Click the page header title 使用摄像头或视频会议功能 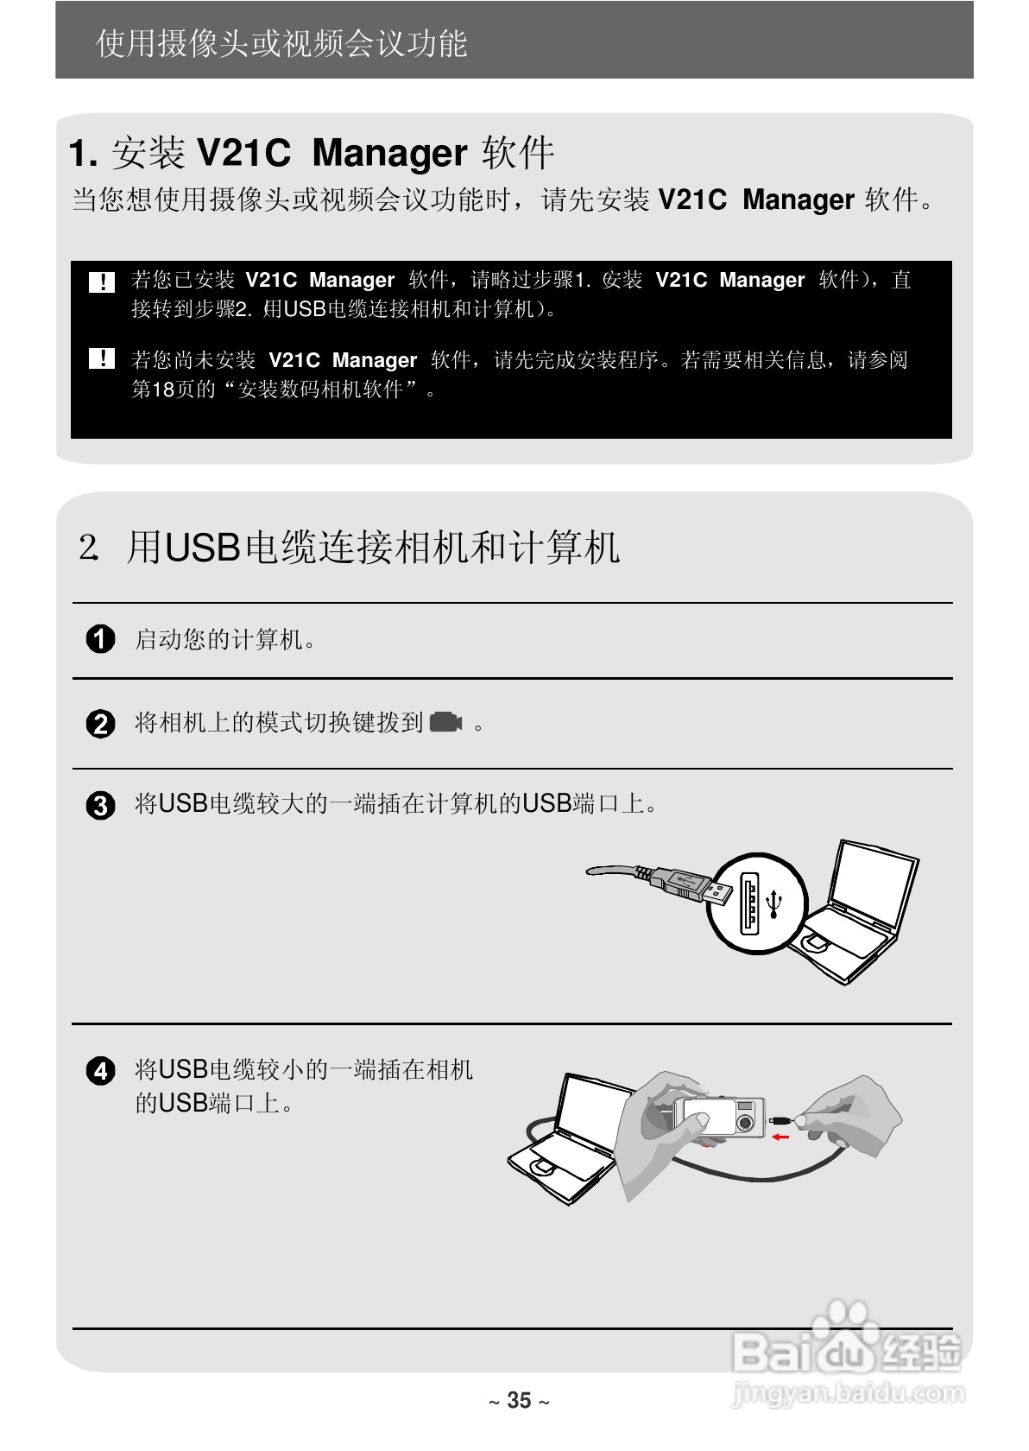coord(281,43)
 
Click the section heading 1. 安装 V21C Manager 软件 coord(311,153)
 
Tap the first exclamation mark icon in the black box coord(102,282)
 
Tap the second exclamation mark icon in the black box coord(102,358)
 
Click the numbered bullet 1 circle coord(101,639)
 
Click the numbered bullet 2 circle coord(101,723)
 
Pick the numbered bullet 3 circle coord(101,805)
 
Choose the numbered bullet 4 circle coord(101,1071)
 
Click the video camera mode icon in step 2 coord(445,721)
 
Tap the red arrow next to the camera coord(780,1137)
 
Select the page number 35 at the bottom coord(519,1400)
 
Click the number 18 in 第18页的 coord(163,390)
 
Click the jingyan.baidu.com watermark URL coord(848,1392)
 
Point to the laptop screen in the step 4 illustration coord(591,1114)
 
